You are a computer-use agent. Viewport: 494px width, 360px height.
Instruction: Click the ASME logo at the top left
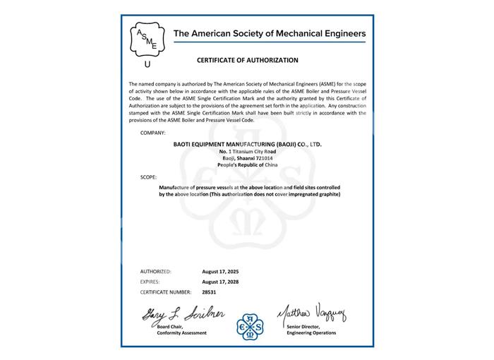coord(147,40)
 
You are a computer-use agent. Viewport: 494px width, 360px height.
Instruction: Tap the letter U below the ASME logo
coord(147,64)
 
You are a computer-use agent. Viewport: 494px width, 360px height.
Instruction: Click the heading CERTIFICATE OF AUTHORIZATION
coord(246,61)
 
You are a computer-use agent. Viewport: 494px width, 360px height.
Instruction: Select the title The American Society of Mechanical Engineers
coord(269,33)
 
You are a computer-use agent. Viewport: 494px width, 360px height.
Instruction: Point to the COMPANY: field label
coord(152,133)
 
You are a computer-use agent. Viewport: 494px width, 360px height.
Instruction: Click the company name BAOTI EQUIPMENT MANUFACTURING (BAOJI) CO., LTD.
coord(247,144)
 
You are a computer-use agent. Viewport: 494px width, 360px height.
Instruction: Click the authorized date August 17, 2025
coord(222,271)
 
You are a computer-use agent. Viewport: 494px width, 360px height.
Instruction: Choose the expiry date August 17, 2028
coord(222,281)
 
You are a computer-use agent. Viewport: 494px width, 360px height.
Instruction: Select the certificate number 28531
coord(210,291)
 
